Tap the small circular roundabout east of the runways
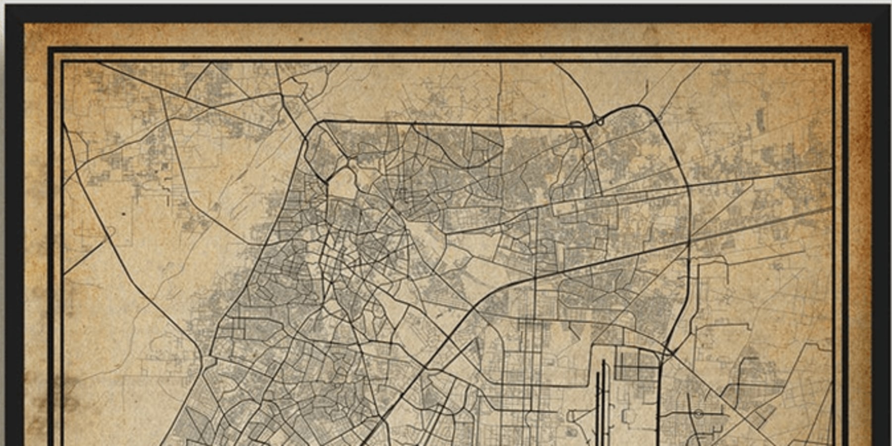pyautogui.click(x=698, y=413)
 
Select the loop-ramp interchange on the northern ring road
pyautogui.click(x=599, y=120)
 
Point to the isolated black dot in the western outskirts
pyautogui.click(x=123, y=214)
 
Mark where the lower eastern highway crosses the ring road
pyautogui.click(x=689, y=243)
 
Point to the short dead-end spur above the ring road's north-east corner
pyautogui.click(x=647, y=89)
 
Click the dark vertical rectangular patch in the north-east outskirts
pyautogui.click(x=760, y=119)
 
